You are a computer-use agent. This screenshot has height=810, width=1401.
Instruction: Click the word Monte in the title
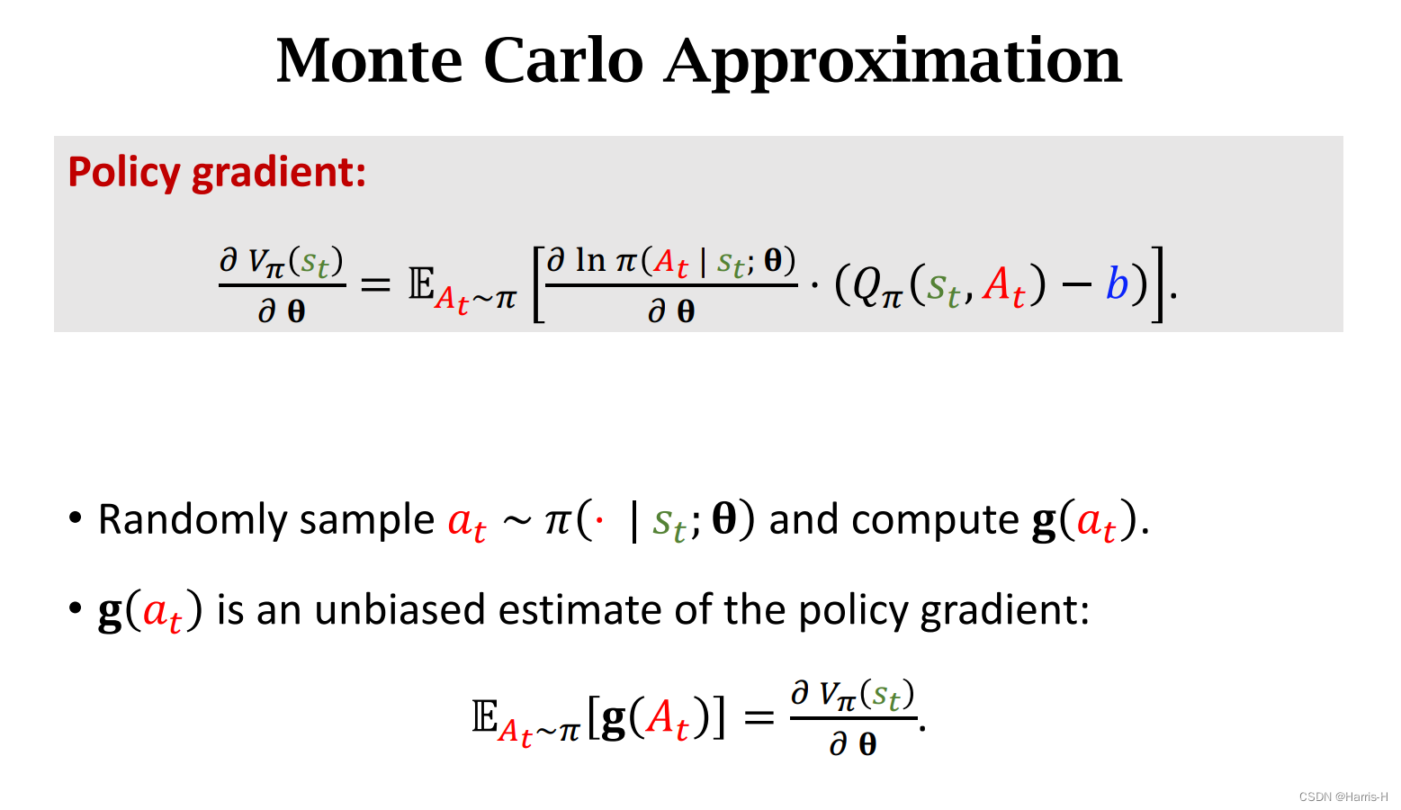click(369, 61)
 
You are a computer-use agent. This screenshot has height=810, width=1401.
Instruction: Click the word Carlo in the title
click(563, 61)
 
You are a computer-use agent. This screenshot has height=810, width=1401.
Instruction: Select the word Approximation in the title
click(894, 63)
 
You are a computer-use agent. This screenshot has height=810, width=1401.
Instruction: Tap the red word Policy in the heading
click(124, 172)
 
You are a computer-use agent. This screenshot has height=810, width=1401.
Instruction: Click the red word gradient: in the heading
click(279, 172)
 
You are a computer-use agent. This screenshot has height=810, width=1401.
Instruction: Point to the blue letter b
click(1117, 285)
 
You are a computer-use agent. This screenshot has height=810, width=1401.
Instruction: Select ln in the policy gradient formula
click(590, 261)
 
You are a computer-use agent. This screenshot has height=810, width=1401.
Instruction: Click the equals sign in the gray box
click(375, 285)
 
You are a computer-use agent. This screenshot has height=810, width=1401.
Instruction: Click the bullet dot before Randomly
click(76, 518)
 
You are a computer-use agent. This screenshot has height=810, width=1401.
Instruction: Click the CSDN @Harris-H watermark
click(1343, 796)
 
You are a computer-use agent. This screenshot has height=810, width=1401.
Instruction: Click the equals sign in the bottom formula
click(759, 718)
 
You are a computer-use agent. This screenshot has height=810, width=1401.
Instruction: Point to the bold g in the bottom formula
click(613, 718)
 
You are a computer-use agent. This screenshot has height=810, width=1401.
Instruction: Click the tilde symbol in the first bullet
click(516, 521)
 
